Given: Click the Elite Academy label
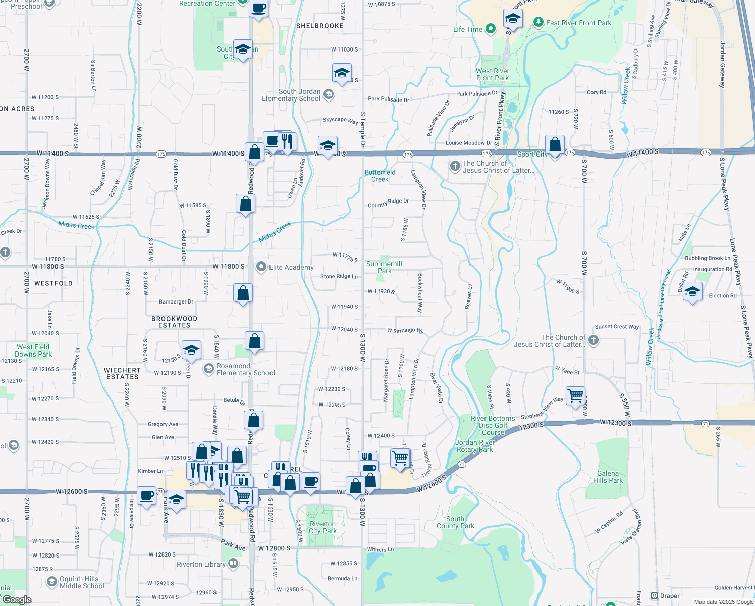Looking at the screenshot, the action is (291, 267).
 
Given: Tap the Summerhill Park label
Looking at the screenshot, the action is (384, 267).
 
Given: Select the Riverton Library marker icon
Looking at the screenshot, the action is (233, 563).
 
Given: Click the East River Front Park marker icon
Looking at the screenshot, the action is (538, 22).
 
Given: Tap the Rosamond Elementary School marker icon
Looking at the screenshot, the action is (209, 369).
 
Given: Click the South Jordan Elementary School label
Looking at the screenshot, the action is (291, 95).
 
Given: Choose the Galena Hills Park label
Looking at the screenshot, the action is (608, 477).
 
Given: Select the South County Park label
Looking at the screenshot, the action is (455, 522).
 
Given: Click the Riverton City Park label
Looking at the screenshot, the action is (322, 527).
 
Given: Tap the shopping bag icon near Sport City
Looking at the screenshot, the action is (555, 144).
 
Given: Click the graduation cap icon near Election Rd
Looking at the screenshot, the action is (692, 291).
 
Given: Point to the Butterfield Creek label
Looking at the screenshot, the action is (380, 176).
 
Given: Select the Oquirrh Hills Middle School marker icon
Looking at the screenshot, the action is (51, 582).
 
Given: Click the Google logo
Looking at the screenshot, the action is (17, 599).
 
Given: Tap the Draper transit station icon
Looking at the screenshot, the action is (654, 596).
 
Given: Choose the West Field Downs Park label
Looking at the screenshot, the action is (33, 350).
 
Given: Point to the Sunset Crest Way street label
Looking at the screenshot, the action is (617, 327).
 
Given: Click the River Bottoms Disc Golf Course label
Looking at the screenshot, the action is (493, 425).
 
